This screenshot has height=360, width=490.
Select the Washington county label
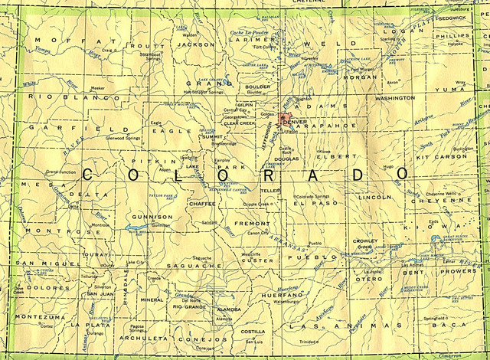pos(394,99)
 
